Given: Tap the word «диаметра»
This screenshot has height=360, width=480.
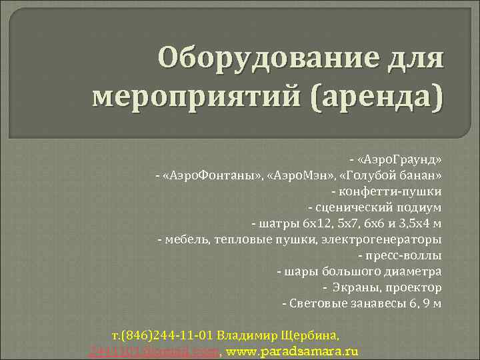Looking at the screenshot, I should [x=415, y=272].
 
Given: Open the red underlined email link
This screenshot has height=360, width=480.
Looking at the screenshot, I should [x=154, y=350].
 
